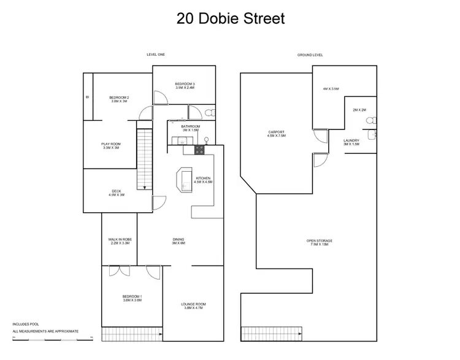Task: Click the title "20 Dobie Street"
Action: [230, 18]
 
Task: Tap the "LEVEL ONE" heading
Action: [156, 55]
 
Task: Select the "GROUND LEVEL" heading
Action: [310, 55]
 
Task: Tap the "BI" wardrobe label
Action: [88, 97]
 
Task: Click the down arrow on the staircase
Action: [145, 188]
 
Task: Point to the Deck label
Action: [117, 193]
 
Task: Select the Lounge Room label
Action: [193, 306]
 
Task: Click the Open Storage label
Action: [319, 242]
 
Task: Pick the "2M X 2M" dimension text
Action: [359, 110]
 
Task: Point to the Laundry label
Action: [351, 142]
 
